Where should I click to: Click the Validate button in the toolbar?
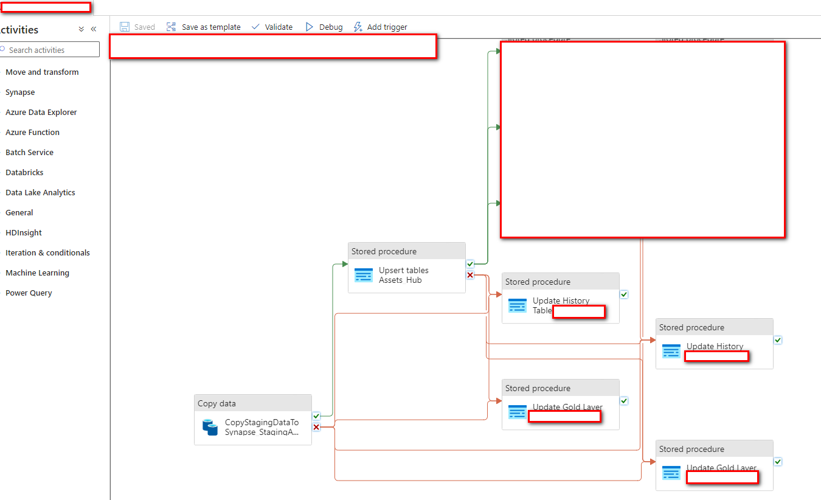click(x=272, y=27)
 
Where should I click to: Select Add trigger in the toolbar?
click(x=381, y=27)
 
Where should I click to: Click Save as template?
click(x=204, y=27)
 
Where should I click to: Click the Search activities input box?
click(x=52, y=50)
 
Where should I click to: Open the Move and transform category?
click(x=42, y=72)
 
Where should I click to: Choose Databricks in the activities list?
click(x=24, y=172)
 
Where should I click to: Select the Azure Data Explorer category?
click(x=41, y=112)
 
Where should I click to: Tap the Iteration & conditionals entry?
click(x=47, y=252)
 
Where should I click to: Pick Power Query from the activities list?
click(x=29, y=293)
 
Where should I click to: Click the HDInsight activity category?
click(x=24, y=232)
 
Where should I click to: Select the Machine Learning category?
click(x=37, y=273)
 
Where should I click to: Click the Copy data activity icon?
click(x=210, y=427)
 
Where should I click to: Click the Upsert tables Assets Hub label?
click(x=403, y=275)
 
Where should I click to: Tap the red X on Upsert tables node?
click(x=470, y=275)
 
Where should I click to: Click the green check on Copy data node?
click(x=316, y=416)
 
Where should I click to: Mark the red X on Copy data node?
click(x=316, y=427)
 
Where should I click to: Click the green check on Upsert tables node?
click(x=470, y=264)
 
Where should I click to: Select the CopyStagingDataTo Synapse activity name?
click(x=262, y=427)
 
